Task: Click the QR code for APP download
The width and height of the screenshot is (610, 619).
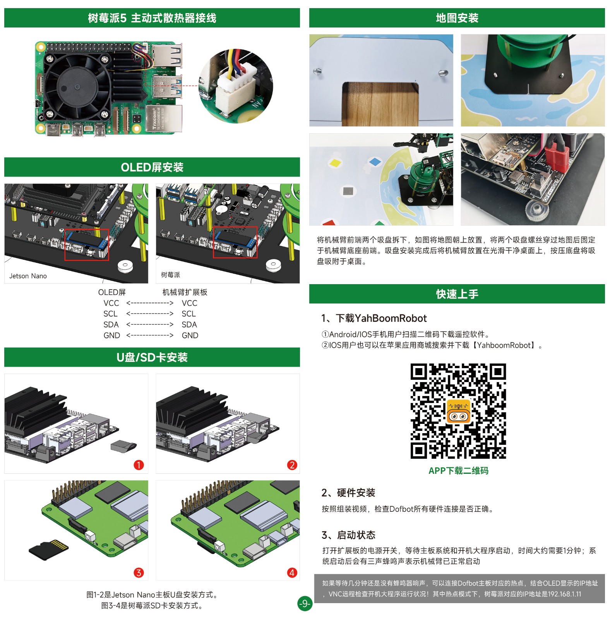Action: click(x=458, y=411)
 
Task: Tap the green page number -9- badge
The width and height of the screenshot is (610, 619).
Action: click(x=305, y=603)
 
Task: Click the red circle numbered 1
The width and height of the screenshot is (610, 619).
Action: click(x=139, y=465)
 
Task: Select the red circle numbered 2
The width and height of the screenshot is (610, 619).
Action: click(x=292, y=465)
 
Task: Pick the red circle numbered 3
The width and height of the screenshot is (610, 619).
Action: click(x=139, y=573)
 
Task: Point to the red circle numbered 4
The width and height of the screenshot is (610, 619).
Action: click(x=292, y=573)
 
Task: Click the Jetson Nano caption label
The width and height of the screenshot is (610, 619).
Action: click(x=28, y=276)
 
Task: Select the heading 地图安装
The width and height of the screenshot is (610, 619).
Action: click(x=457, y=18)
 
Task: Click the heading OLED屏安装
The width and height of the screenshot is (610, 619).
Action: click(x=152, y=167)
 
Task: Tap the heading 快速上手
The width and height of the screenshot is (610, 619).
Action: click(x=457, y=294)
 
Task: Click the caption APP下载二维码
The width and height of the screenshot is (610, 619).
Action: click(x=458, y=471)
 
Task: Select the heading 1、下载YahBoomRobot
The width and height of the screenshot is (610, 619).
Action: click(x=374, y=318)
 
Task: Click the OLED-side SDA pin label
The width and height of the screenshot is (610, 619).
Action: click(x=111, y=324)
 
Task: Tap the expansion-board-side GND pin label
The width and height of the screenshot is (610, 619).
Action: click(x=190, y=335)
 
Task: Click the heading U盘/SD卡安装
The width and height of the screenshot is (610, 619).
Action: click(x=152, y=357)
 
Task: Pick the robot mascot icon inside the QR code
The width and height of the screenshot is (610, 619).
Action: click(x=458, y=411)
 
